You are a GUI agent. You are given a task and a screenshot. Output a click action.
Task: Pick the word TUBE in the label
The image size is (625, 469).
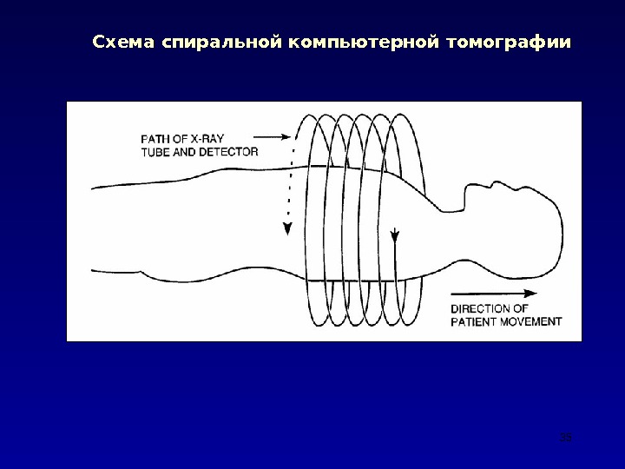pos(157,151)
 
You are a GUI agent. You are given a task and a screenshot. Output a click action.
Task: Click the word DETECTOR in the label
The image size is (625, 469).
pos(228,151)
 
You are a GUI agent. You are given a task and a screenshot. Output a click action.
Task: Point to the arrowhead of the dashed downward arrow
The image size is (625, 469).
pos(286,228)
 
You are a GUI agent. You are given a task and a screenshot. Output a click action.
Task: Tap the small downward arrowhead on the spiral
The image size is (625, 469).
pos(396,234)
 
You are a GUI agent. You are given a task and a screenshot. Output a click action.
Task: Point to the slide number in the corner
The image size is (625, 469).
pos(566,438)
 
